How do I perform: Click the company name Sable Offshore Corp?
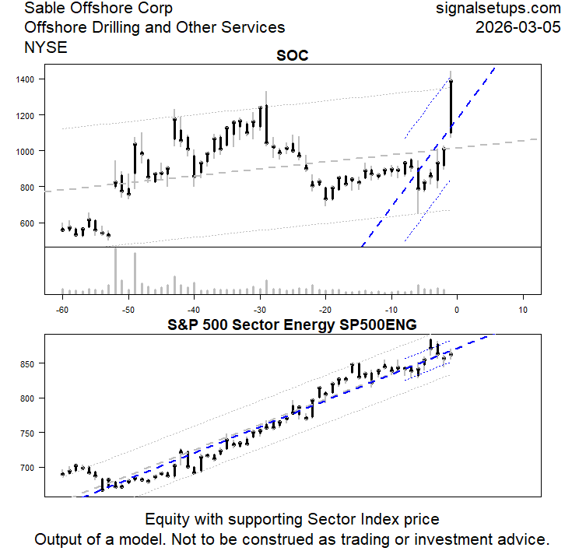pyautogui.click(x=99, y=9)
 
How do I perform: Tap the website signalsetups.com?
pyautogui.click(x=499, y=9)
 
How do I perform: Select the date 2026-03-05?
pyautogui.click(x=518, y=28)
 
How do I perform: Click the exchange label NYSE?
pyautogui.click(x=46, y=47)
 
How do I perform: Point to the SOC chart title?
pyautogui.click(x=293, y=57)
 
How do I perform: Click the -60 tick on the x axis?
pyautogui.click(x=62, y=308)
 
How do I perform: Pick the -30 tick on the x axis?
pyautogui.click(x=260, y=308)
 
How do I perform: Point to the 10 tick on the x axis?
pyautogui.click(x=523, y=308)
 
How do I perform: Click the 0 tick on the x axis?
pyautogui.click(x=458, y=308)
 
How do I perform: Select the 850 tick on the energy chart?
pyautogui.click(x=27, y=363)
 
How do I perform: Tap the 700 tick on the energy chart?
pyautogui.click(x=27, y=468)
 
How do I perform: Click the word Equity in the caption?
pyautogui.click(x=168, y=519)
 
